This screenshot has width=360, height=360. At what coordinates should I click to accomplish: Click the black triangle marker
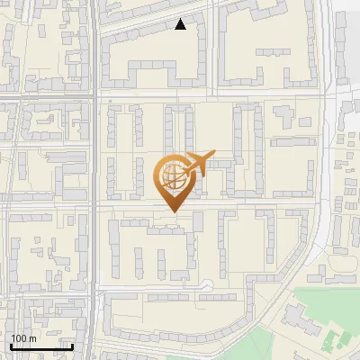[x=181, y=24]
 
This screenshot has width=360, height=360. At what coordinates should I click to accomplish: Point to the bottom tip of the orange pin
[x=173, y=211]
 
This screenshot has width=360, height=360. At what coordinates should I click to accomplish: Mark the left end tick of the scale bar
[x=11, y=346]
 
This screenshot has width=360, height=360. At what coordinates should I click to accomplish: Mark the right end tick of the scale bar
[x=72, y=346]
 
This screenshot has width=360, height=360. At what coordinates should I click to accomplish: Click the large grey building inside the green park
[x=296, y=318]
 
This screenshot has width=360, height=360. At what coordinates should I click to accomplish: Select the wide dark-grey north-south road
[x=94, y=180]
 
